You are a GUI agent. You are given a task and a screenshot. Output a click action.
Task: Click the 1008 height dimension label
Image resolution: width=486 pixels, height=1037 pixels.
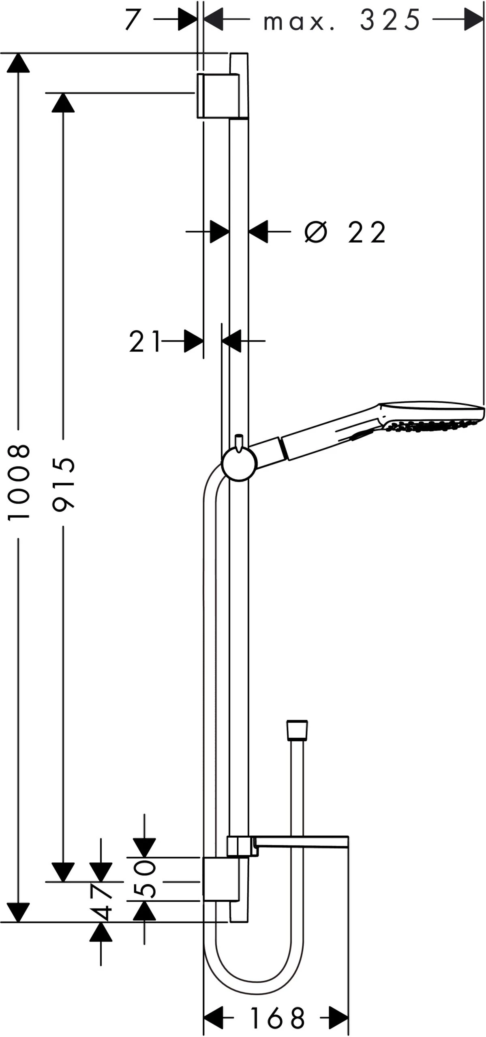click(x=19, y=482)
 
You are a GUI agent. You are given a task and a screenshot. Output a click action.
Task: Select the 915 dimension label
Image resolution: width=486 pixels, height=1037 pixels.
click(x=64, y=482)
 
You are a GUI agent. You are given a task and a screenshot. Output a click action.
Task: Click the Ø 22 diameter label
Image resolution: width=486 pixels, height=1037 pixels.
click(x=345, y=232)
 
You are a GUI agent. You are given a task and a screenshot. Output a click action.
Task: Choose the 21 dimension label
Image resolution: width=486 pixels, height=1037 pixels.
click(x=145, y=341)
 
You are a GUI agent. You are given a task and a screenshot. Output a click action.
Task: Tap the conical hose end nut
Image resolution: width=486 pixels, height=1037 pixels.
click(x=297, y=730)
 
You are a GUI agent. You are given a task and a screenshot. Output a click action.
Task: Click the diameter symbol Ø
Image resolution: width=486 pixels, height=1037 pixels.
click(x=316, y=232)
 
